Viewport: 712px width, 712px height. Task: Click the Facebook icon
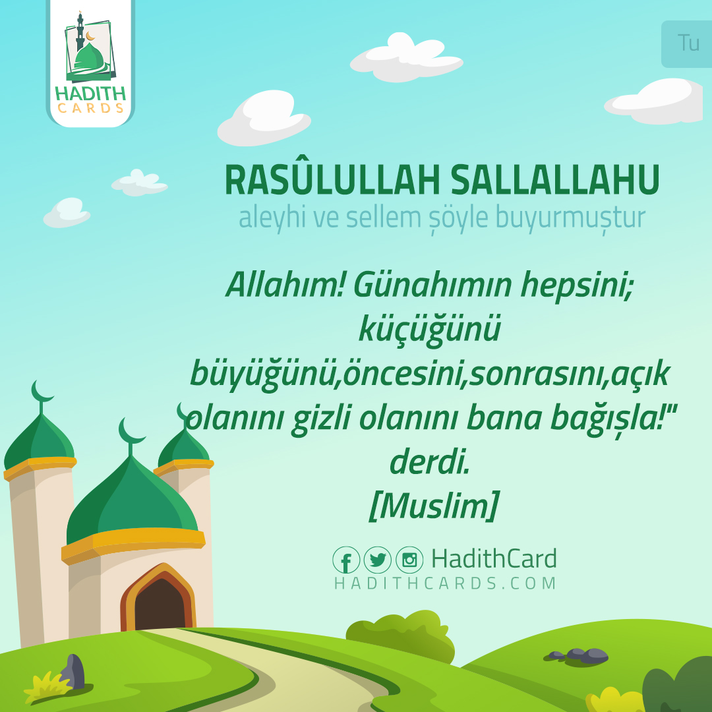point(346,560)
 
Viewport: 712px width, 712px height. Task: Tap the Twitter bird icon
point(378,560)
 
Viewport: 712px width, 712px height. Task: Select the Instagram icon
point(409,560)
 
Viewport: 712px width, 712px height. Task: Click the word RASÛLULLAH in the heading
point(332,180)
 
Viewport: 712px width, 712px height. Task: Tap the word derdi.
point(429,463)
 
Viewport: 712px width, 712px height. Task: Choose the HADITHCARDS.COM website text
point(446,583)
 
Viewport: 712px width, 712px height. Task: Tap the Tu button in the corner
point(688,44)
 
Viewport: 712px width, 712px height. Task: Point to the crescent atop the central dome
point(132,432)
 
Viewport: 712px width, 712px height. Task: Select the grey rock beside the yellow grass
point(74,671)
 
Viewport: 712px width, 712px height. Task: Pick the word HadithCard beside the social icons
point(494,559)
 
